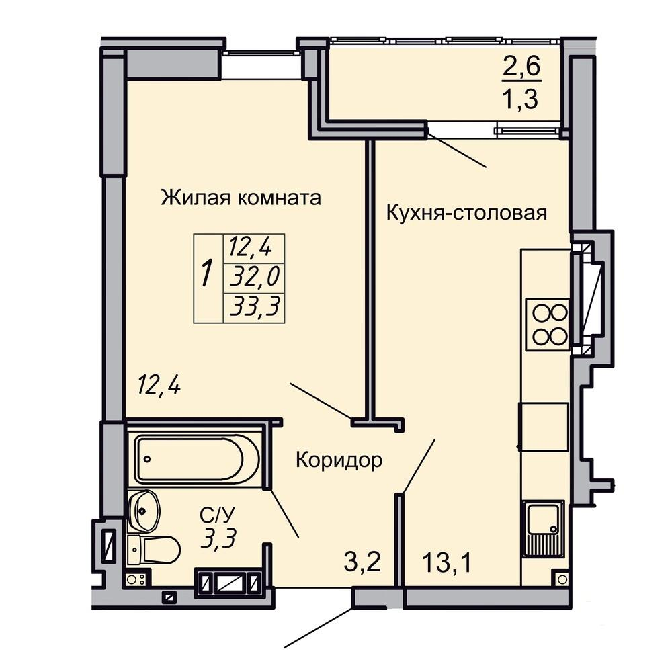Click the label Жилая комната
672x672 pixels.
[241, 198]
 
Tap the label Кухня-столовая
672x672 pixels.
[466, 213]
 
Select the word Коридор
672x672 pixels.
[339, 460]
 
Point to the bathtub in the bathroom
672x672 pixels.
[196, 460]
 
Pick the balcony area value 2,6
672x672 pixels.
[522, 67]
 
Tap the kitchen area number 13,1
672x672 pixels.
[447, 561]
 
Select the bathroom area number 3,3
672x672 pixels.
[218, 538]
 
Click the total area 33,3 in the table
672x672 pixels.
[255, 307]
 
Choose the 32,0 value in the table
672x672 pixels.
[255, 276]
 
